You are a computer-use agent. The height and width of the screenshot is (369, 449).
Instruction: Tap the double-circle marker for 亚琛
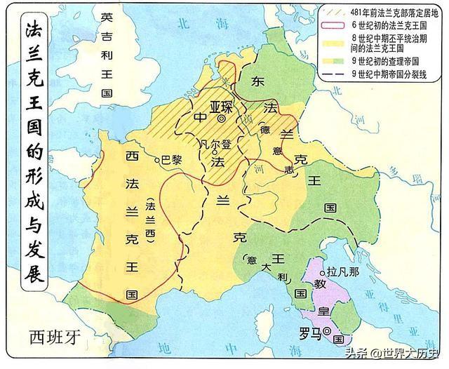[x=222, y=120]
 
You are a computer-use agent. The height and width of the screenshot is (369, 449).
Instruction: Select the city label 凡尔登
[x=214, y=144]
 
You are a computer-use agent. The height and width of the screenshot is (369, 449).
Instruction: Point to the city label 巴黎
[x=172, y=159]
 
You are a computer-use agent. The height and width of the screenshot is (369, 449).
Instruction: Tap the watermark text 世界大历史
[x=414, y=354]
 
